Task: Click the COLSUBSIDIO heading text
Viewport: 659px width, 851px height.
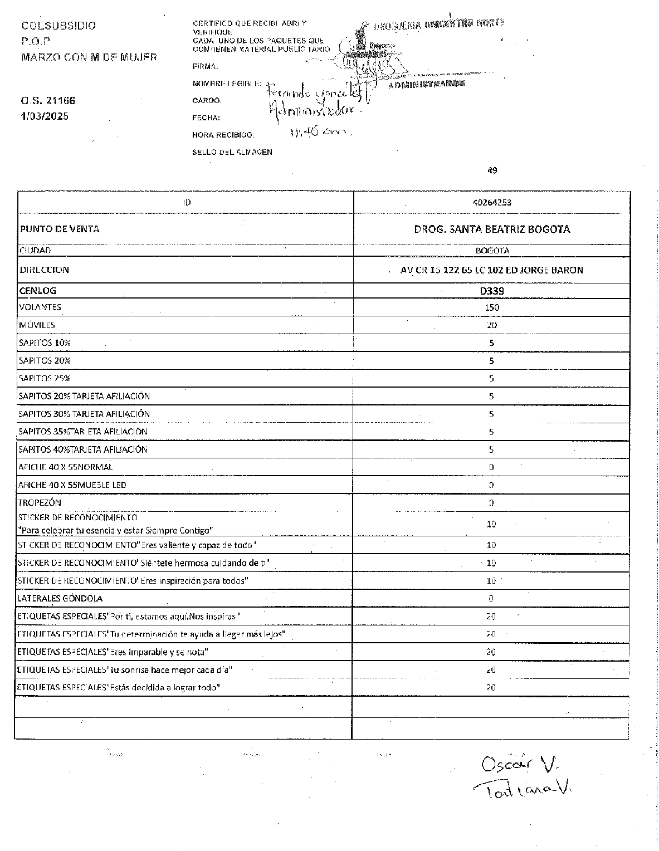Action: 58,26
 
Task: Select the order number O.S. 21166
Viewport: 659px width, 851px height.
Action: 48,101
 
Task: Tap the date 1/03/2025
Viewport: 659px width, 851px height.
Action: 45,116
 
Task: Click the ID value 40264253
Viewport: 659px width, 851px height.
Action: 491,202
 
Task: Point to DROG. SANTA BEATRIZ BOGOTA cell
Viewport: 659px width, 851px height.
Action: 491,229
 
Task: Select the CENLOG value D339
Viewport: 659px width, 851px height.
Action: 491,291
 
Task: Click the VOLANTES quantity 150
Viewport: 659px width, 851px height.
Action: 491,307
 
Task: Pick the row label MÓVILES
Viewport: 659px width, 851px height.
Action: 37,325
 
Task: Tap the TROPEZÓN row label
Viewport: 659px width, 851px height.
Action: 40,502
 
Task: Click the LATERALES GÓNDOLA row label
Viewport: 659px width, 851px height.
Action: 60,598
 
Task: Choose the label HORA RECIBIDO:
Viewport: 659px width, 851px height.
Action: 223,135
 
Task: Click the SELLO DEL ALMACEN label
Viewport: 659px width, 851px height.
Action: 232,151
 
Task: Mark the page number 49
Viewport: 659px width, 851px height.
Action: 492,170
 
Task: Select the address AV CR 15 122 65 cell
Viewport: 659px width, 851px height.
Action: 491,270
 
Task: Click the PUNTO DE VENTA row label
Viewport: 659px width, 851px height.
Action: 60,229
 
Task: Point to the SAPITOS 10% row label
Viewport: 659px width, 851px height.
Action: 45,343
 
